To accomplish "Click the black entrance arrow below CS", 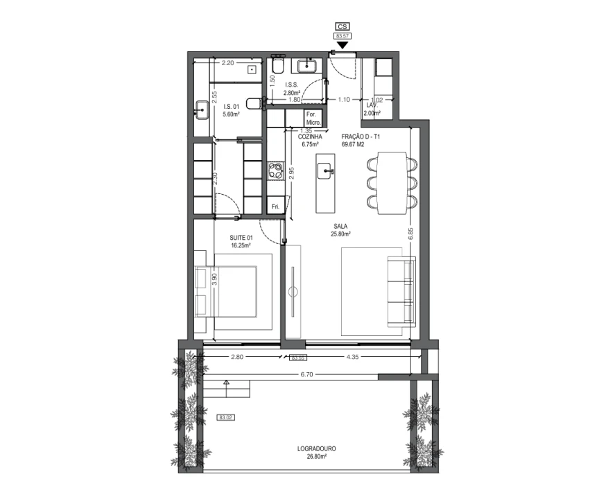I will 341,45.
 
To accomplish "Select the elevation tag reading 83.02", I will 225,417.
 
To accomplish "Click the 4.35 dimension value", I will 352,358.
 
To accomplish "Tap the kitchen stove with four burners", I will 276,170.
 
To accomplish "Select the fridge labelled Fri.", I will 275,206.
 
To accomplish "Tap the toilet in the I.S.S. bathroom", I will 277,66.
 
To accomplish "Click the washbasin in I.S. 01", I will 202,110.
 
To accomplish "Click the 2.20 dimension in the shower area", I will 226,63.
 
